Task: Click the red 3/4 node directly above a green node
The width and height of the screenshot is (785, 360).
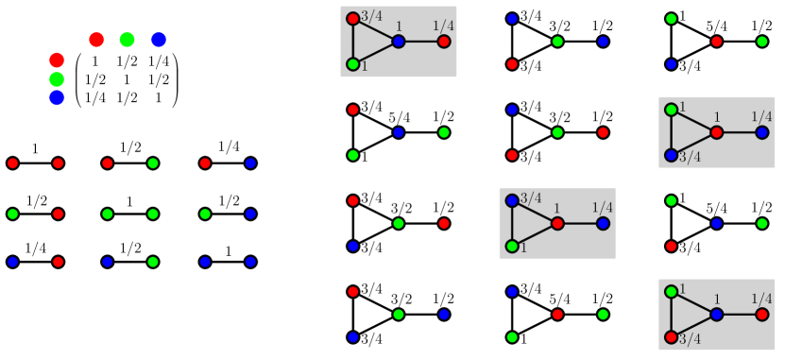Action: (x=352, y=19)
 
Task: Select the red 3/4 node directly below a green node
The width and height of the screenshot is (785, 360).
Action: (x=671, y=336)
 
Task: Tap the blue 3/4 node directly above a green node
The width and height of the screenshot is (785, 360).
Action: (x=512, y=200)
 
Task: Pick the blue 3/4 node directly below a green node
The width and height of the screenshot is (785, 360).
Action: (x=671, y=155)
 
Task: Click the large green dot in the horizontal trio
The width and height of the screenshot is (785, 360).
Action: (x=128, y=40)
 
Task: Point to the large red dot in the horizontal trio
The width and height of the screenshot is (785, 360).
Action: (x=96, y=40)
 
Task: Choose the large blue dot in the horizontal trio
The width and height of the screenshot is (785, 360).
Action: (x=159, y=40)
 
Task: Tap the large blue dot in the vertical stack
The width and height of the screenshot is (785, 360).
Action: (x=57, y=97)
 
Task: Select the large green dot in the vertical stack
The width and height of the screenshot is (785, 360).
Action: (x=57, y=79)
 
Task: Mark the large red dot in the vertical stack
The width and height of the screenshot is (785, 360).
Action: (x=57, y=60)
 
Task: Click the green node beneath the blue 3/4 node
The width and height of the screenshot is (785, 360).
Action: (x=512, y=246)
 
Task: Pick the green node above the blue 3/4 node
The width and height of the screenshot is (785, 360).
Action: (x=671, y=110)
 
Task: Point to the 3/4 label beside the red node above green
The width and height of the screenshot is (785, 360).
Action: (x=371, y=16)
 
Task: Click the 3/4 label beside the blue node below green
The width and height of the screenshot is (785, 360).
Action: (x=690, y=157)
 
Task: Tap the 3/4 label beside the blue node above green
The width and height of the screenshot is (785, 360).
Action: (x=531, y=197)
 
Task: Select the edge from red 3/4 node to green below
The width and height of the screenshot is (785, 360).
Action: (x=352, y=42)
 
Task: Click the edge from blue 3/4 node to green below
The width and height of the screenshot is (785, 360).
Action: (x=512, y=223)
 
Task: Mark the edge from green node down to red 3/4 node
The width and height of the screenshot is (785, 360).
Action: (x=671, y=314)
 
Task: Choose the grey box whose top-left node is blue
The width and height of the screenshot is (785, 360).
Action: (x=557, y=223)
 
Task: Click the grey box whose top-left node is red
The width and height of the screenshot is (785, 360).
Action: (x=399, y=42)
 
